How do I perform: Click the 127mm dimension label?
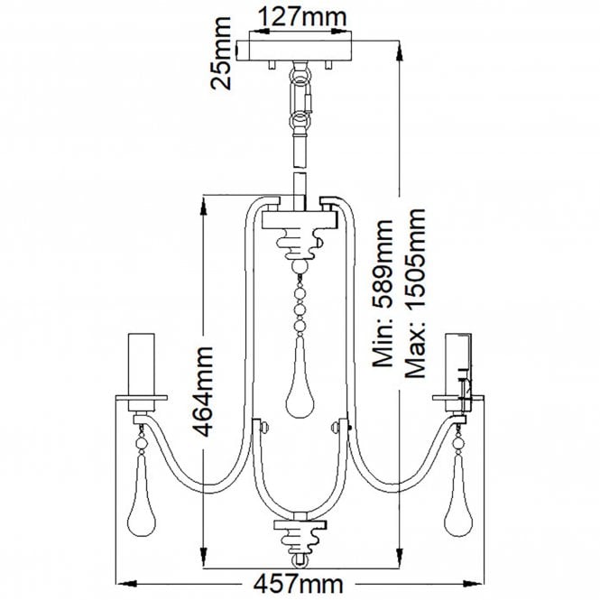(x=302, y=17)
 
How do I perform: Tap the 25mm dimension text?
(x=221, y=53)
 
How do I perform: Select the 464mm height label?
(x=203, y=392)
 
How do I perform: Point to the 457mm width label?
(x=299, y=585)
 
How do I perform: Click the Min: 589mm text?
(x=383, y=294)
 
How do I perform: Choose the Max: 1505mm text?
(x=415, y=294)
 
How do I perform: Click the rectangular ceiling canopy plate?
(x=294, y=51)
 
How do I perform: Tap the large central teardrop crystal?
(x=300, y=378)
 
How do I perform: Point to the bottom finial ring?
(x=300, y=560)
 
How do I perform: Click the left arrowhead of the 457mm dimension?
(x=127, y=584)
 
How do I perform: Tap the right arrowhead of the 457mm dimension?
(x=473, y=584)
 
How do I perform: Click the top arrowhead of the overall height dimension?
(x=399, y=51)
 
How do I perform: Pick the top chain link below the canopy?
(x=300, y=75)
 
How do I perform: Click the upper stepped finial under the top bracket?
(x=300, y=243)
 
